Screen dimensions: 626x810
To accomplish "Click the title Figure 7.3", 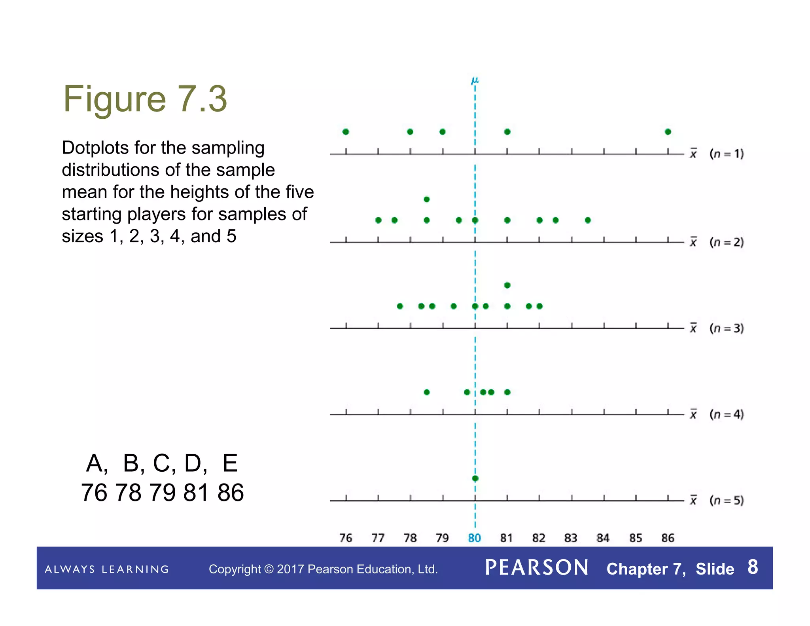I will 145,99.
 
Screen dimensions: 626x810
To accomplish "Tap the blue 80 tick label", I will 474,538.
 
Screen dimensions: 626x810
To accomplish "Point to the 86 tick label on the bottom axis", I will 668,538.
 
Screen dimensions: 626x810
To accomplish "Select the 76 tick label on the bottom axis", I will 346,538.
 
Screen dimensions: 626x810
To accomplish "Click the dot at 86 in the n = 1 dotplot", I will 668,132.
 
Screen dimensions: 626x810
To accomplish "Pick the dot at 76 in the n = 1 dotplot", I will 346,132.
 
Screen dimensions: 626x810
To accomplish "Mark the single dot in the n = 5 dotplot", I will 475,478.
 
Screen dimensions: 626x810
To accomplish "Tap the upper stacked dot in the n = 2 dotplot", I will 426,199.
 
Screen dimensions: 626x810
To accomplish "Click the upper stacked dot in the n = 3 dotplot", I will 507,285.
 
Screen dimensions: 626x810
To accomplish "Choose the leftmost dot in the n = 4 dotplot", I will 426,392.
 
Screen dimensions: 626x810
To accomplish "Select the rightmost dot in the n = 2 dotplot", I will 588,220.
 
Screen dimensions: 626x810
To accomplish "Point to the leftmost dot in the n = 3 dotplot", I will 400,306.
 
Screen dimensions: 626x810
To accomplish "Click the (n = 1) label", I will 727,154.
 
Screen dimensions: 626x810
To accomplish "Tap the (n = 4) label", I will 727,414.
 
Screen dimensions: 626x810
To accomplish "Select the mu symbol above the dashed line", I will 475,81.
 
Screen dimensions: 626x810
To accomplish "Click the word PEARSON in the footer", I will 537,568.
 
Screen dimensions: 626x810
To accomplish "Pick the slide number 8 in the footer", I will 753,567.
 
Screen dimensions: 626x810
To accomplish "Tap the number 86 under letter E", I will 231,493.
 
